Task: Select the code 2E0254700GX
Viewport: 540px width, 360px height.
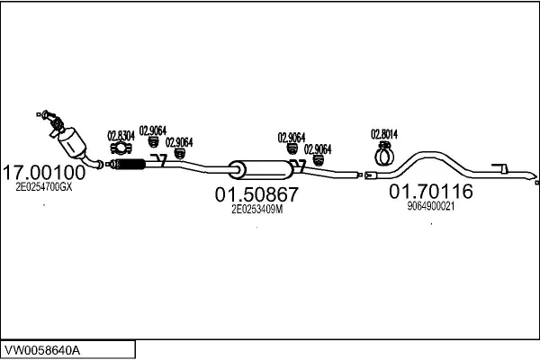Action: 44,188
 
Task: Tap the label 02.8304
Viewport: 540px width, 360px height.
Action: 121,136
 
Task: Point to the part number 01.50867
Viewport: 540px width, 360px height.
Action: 256,193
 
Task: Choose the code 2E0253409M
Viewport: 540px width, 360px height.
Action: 256,209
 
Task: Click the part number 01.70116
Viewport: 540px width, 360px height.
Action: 430,191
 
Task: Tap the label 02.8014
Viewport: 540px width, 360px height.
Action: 384,135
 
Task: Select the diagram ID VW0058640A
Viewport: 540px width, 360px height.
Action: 45,348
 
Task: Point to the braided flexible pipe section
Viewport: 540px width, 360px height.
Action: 130,164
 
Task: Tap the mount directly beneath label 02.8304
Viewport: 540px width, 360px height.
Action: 118,148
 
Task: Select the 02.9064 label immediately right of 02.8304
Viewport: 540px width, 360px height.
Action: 152,131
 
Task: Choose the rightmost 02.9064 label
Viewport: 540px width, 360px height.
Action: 318,149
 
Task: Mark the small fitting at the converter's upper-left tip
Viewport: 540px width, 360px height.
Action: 40,112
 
